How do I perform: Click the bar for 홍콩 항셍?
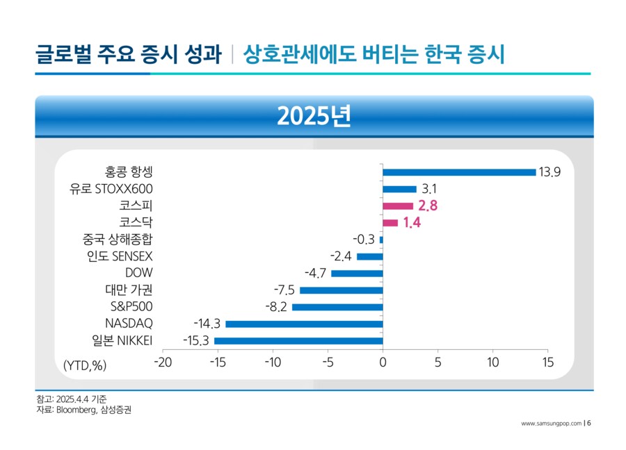click(459, 172)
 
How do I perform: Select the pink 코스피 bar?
click(398, 206)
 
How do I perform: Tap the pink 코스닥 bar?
click(390, 223)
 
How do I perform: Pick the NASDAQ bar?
click(304, 324)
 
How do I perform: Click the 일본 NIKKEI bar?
click(298, 340)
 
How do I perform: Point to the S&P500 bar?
click(337, 307)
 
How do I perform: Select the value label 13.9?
click(549, 172)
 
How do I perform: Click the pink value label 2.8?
click(428, 206)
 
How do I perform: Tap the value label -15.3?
click(197, 340)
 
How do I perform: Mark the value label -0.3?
click(363, 240)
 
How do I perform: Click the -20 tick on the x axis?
click(162, 362)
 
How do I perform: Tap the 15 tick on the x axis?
click(547, 362)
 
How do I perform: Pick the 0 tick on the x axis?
click(383, 362)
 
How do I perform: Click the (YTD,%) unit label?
click(85, 365)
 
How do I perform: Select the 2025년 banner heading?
click(314, 116)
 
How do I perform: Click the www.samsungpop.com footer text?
click(551, 423)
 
